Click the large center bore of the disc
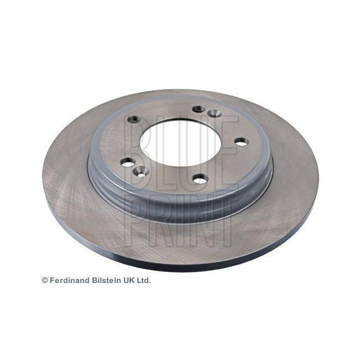point(181,143)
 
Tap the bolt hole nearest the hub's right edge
point(241,142)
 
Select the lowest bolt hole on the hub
point(200,179)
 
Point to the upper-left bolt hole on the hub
point(135,119)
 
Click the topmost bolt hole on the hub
point(199,109)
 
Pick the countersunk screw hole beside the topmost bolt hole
point(214,113)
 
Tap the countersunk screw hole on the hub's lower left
point(141,171)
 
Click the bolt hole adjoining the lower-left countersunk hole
point(127,162)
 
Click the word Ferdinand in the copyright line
point(70,280)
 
